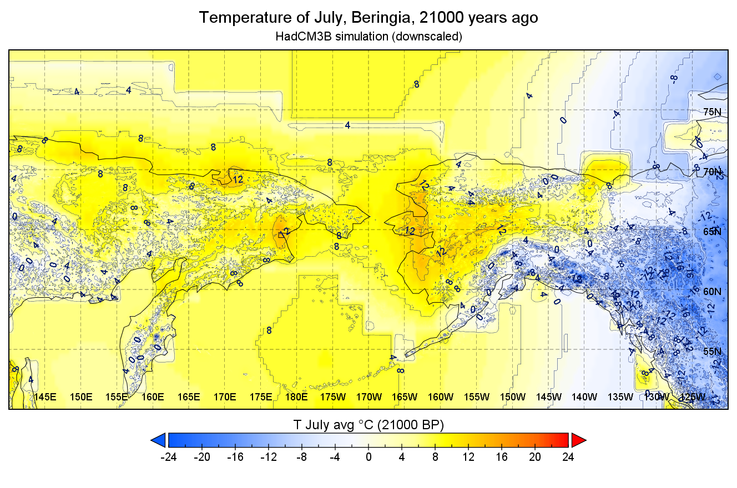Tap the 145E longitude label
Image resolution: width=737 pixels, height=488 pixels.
[46, 397]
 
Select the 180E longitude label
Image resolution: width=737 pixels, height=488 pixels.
[296, 397]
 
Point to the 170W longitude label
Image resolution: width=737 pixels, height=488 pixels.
[368, 397]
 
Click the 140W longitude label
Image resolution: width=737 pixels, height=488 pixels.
[584, 397]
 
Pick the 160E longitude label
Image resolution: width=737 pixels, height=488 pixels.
[153, 397]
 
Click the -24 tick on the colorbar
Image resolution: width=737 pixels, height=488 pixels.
[168, 457]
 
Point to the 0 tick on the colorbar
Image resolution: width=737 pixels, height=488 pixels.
[368, 457]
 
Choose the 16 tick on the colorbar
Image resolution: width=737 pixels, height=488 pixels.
[502, 457]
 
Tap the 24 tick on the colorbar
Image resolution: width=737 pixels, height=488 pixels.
[568, 457]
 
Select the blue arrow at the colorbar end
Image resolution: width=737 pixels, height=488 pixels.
[159, 440]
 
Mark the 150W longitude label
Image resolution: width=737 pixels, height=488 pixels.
[512, 397]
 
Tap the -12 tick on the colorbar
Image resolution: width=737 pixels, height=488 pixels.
[268, 457]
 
